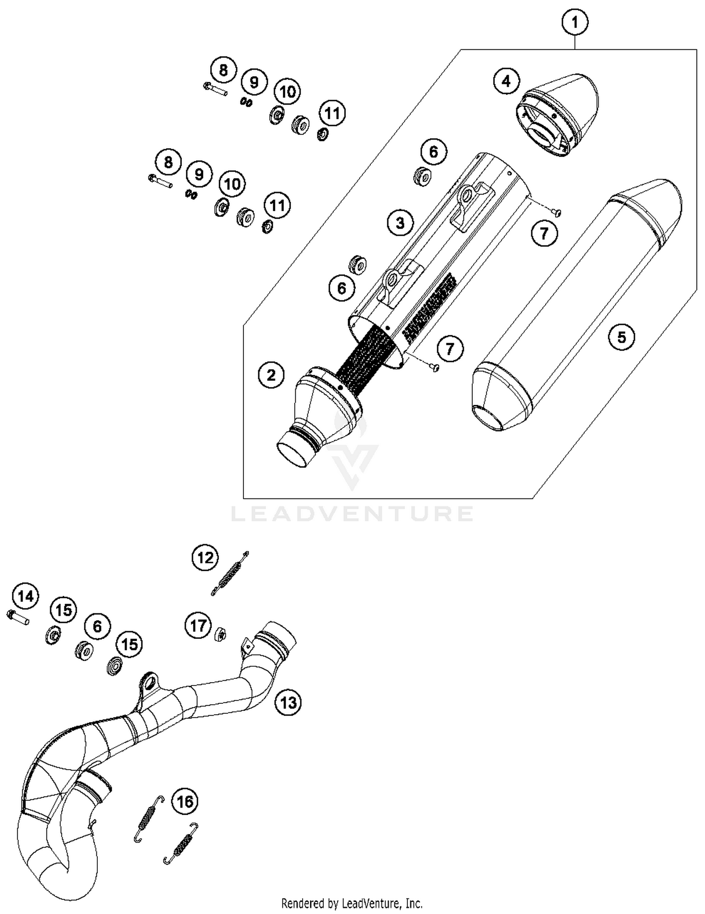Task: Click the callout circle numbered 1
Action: pos(574,22)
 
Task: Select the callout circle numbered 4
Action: pos(506,81)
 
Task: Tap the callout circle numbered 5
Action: pos(621,337)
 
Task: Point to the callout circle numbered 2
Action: pos(271,375)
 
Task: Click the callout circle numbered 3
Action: pos(400,222)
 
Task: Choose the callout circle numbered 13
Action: pos(288,702)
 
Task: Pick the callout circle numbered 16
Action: pos(185,801)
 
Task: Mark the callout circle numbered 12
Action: pos(205,558)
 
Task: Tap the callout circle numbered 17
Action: pos(198,626)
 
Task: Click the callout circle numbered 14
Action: pos(26,596)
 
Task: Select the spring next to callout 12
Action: pos(229,574)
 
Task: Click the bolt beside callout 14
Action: pos(18,617)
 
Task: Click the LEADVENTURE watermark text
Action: pos(352,513)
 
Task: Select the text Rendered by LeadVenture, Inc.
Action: pos(352,903)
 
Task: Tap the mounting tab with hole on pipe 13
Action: pos(149,682)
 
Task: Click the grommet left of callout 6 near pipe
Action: pos(84,650)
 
